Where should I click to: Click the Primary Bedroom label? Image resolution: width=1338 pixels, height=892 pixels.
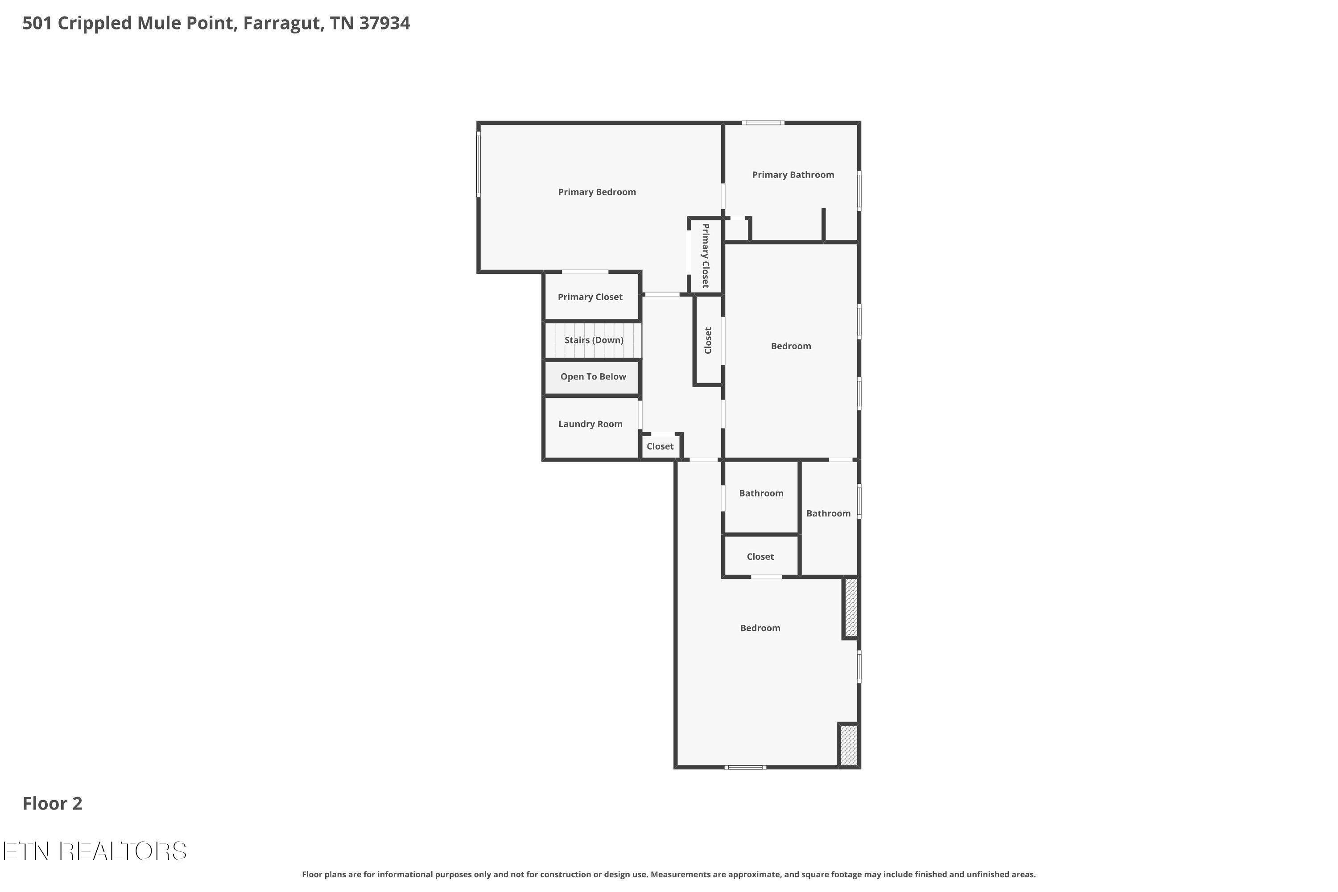pyautogui.click(x=597, y=192)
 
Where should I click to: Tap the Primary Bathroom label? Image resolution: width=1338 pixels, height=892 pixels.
pyautogui.click(x=793, y=175)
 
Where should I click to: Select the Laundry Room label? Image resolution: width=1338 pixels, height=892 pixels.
pyautogui.click(x=591, y=424)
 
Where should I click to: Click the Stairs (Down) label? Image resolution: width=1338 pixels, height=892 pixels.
pyautogui.click(x=594, y=340)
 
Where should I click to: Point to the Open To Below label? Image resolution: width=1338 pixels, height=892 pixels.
pyautogui.click(x=593, y=376)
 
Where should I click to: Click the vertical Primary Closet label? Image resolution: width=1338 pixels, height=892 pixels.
pyautogui.click(x=706, y=256)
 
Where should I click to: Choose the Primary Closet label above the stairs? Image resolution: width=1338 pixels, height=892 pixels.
pyautogui.click(x=590, y=297)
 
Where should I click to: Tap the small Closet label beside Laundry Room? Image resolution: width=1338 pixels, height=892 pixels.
pyautogui.click(x=660, y=446)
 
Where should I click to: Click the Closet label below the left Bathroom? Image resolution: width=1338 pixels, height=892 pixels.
pyautogui.click(x=760, y=556)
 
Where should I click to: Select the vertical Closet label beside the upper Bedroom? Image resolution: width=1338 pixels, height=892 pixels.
pyautogui.click(x=708, y=340)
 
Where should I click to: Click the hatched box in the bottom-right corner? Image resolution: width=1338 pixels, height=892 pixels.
pyautogui.click(x=849, y=745)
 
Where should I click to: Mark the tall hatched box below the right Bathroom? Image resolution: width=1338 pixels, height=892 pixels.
pyautogui.click(x=851, y=607)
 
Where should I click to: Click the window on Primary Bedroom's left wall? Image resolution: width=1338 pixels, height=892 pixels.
pyautogui.click(x=479, y=164)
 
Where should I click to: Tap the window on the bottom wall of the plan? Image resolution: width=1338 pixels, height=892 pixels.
pyautogui.click(x=746, y=768)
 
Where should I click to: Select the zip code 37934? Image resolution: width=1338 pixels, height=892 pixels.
pyautogui.click(x=384, y=23)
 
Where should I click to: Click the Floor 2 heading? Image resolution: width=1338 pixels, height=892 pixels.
pyautogui.click(x=52, y=803)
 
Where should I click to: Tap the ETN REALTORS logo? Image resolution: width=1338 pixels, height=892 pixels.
pyautogui.click(x=95, y=851)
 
